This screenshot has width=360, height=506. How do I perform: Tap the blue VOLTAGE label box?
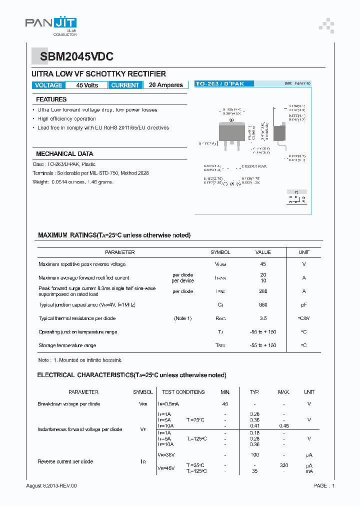[x=48, y=85]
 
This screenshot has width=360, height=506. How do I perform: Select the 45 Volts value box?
[x=87, y=85]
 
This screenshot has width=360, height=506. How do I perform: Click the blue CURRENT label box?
[x=125, y=85]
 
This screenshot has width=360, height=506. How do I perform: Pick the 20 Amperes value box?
[x=166, y=85]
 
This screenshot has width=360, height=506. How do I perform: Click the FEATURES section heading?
[x=51, y=99]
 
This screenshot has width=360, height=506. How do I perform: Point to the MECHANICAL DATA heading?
[x=64, y=154]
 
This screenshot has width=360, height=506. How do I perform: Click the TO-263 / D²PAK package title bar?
[x=224, y=84]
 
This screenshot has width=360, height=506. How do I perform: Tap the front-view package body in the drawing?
[x=231, y=132]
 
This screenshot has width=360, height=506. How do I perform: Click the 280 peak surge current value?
[x=263, y=291]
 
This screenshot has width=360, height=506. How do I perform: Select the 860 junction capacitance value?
[x=263, y=304]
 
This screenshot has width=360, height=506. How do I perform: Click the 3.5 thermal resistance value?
[x=263, y=318]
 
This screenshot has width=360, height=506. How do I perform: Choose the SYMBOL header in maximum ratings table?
[x=220, y=252]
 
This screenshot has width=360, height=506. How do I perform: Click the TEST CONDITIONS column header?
[x=183, y=392]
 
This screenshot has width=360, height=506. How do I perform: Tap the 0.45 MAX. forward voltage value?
[x=283, y=425]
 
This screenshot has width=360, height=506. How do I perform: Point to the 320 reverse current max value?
[x=283, y=465]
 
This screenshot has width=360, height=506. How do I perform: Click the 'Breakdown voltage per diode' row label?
[x=68, y=404]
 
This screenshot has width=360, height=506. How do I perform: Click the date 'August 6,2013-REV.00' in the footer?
[x=51, y=486]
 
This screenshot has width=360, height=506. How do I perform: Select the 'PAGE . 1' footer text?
[x=324, y=486]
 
